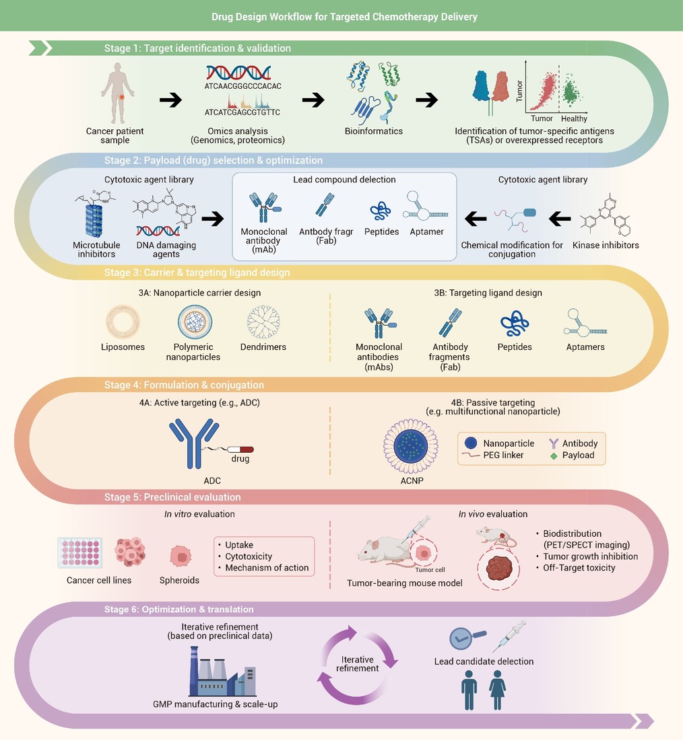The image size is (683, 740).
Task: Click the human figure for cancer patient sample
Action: [118, 94]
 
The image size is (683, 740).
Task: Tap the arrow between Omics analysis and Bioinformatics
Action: [313, 100]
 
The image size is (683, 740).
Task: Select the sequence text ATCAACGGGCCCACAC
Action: [243, 86]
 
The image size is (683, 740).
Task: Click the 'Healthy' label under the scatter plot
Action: [574, 118]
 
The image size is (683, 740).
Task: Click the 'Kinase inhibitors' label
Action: [606, 245]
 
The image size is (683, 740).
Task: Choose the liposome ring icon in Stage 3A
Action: [123, 322]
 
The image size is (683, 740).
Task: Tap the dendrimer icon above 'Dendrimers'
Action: [263, 322]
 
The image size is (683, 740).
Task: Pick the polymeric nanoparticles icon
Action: [195, 322]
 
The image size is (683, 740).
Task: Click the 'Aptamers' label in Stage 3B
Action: [585, 347]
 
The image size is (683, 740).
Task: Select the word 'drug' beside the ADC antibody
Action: [240, 459]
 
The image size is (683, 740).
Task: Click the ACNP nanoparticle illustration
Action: [411, 446]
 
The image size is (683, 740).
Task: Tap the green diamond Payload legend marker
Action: [554, 456]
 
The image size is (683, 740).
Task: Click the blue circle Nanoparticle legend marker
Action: [471, 443]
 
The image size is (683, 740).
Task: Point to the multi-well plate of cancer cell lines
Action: [80, 552]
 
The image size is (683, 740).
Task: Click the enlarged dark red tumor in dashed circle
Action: [499, 568]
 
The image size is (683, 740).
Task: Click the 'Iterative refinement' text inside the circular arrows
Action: [358, 663]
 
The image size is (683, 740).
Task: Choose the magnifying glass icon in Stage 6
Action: [467, 638]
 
